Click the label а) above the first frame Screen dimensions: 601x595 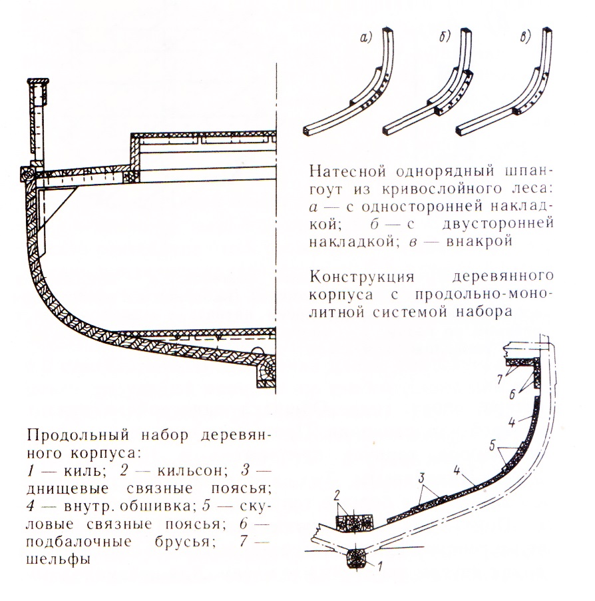(x=366, y=38)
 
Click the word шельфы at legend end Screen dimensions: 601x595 (x=57, y=560)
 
